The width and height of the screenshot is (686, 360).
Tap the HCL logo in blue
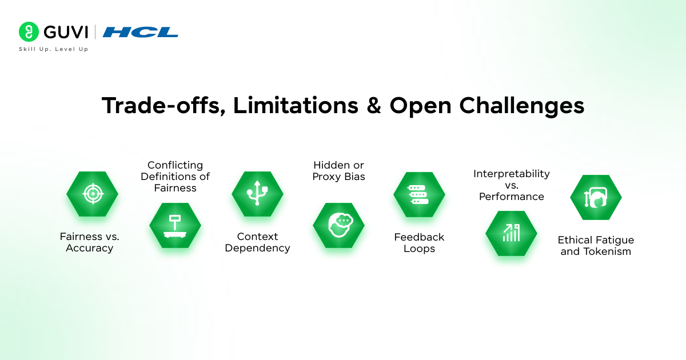click(140, 32)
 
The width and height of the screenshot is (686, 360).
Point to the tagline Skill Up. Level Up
click(53, 49)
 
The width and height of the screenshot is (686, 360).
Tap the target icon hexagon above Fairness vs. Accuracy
click(92, 194)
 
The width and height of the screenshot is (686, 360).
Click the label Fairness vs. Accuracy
click(89, 242)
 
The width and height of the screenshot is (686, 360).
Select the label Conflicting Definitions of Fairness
click(176, 177)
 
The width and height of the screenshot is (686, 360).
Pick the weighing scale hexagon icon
click(175, 225)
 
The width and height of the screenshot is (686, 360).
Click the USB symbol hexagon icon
click(257, 194)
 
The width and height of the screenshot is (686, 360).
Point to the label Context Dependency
click(257, 242)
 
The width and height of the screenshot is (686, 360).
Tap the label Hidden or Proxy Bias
click(338, 171)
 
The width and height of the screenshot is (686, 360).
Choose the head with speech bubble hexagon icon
click(338, 225)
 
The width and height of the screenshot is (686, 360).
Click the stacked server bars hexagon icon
click(419, 194)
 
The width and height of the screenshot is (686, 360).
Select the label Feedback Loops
click(419, 243)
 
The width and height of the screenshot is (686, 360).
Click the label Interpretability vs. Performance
click(511, 185)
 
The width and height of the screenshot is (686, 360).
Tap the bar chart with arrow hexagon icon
click(511, 233)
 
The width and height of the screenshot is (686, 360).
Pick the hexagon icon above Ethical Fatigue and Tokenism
click(596, 197)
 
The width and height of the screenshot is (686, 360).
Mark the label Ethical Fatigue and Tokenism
click(596, 246)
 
